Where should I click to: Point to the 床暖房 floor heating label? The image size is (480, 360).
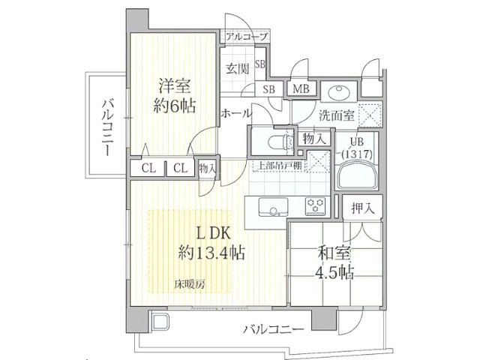[x=190, y=283]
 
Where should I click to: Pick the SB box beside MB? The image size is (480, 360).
[x=268, y=88]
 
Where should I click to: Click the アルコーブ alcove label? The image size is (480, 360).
[x=244, y=37]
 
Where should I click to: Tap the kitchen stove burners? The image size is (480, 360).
[x=314, y=205]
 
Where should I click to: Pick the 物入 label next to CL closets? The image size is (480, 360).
[x=208, y=169]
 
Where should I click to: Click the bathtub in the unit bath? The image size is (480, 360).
[x=358, y=178]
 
